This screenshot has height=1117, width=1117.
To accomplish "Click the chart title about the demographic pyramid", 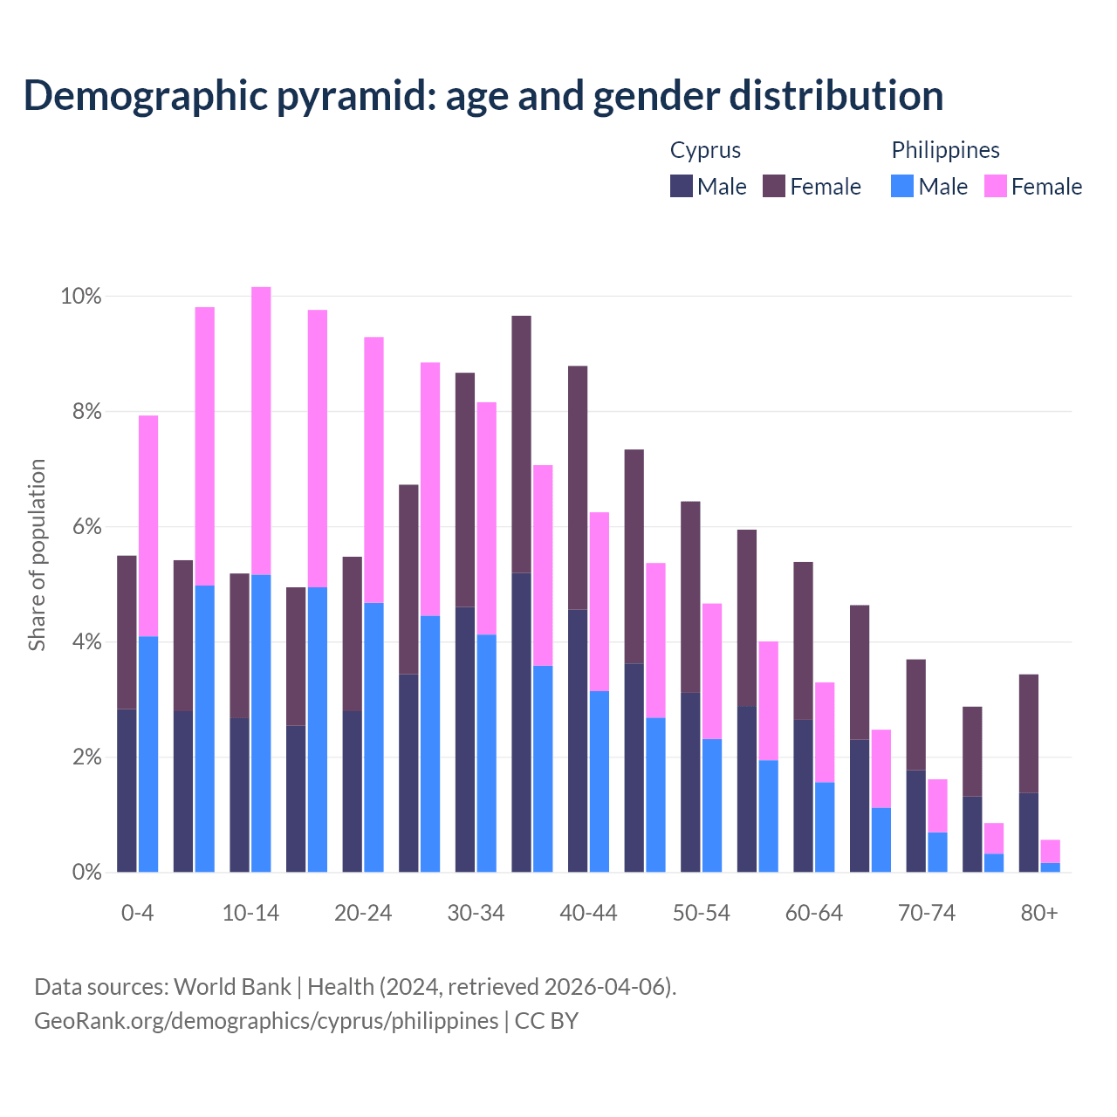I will coord(483,95).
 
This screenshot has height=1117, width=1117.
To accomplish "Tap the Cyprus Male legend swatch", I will coord(682,186).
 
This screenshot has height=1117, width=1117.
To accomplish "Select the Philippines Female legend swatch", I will coord(996,186).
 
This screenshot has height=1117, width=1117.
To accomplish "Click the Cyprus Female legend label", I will coord(825,187).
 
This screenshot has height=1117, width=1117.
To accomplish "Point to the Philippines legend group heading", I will coord(945,150).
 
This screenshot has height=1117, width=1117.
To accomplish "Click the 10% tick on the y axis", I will coord(81,297).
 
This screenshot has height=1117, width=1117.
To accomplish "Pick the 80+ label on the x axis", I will coord(1038,913).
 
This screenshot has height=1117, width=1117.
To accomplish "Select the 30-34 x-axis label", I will coord(476,913).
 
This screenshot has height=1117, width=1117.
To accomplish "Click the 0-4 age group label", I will coord(137,913).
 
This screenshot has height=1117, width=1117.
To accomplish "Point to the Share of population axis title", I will coord(37,555).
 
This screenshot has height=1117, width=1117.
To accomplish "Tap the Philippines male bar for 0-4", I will coord(148,754).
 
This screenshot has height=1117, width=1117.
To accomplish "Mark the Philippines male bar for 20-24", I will coord(373,737).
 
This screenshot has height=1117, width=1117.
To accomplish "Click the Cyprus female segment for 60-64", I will coord(803,641).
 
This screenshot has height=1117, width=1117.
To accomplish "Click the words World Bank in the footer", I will coord(232,987).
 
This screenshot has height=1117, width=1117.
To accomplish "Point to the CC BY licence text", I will coord(546,1021).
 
